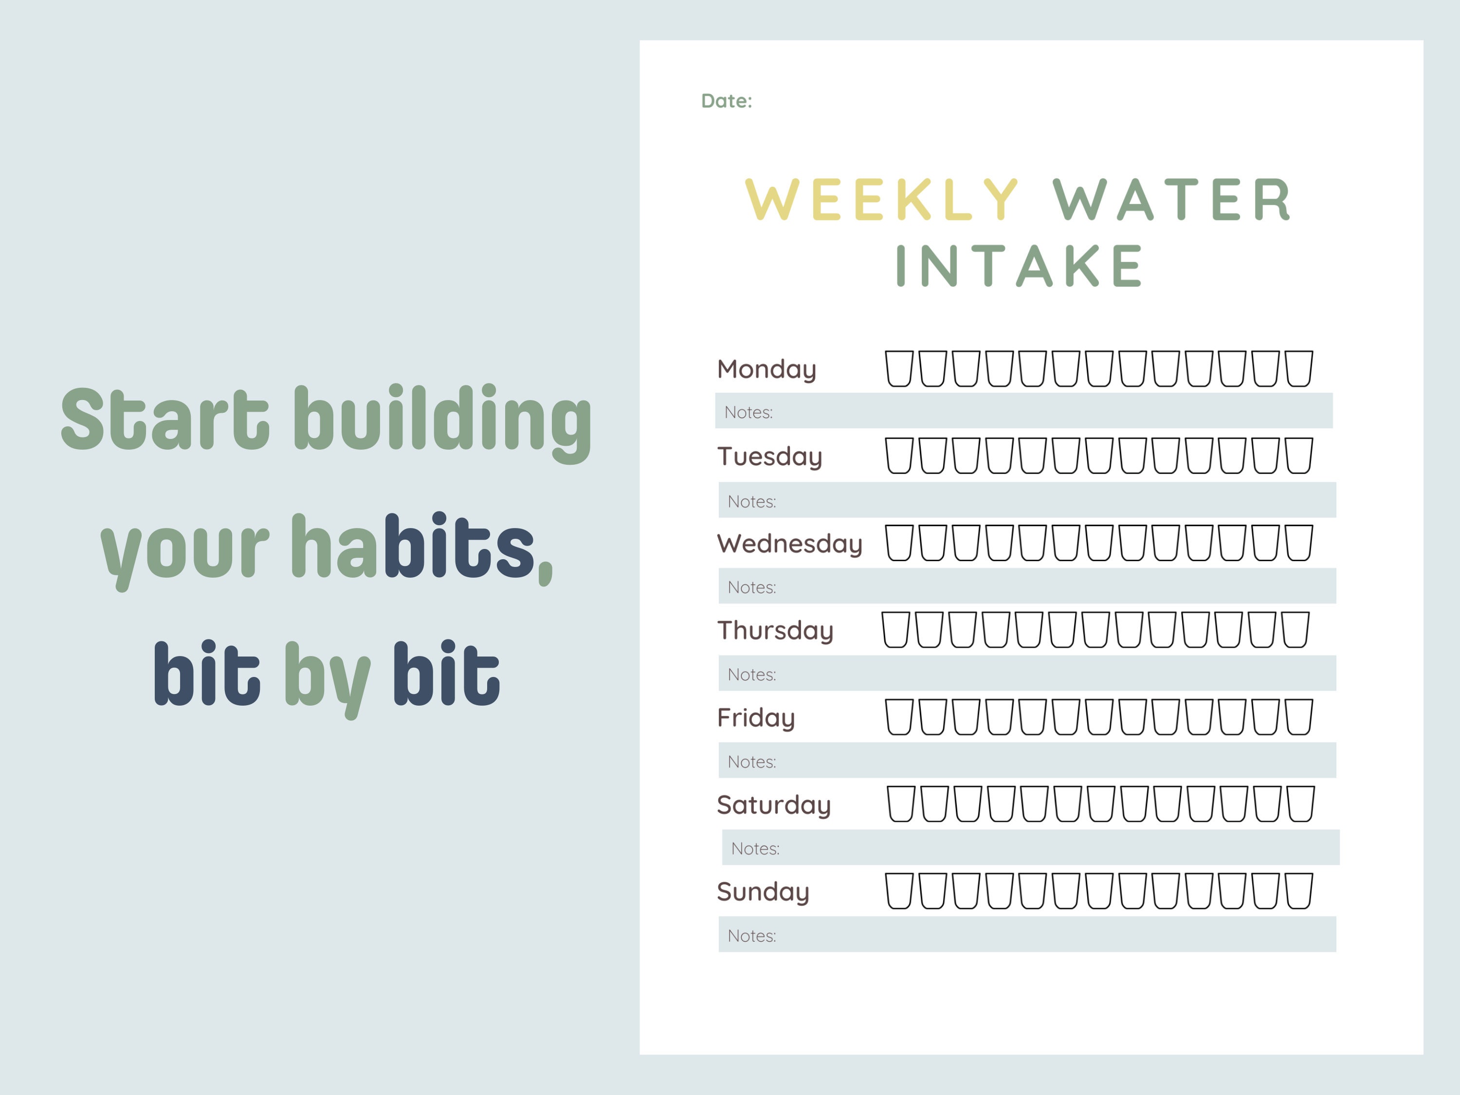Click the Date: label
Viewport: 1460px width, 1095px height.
point(726,101)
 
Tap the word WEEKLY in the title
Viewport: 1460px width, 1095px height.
point(882,200)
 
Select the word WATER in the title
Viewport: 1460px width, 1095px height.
point(1171,200)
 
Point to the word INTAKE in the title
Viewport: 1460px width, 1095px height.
point(1020,266)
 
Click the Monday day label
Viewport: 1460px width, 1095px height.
point(766,369)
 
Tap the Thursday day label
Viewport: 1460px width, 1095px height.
point(775,630)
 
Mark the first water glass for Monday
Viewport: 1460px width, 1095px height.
point(898,368)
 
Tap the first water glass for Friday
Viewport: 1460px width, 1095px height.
point(898,717)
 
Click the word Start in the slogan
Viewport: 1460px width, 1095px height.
point(165,419)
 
